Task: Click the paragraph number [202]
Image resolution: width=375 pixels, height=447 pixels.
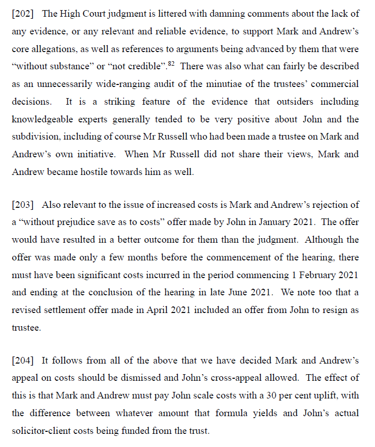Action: (x=22, y=14)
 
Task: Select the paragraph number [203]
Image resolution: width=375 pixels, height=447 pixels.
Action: (x=22, y=205)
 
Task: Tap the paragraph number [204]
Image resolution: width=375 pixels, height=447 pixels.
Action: (x=22, y=361)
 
